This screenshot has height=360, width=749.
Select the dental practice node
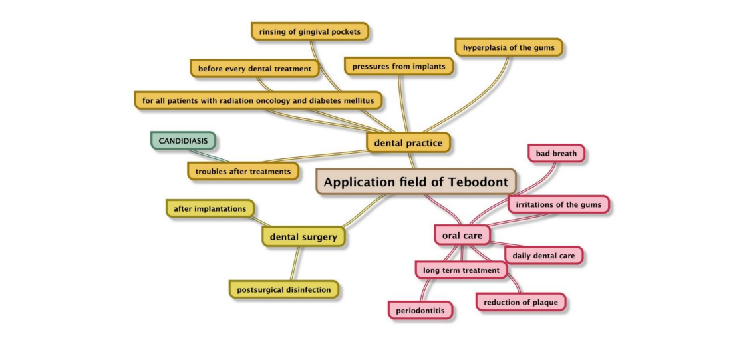[408, 142]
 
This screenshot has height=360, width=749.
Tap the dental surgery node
[303, 236]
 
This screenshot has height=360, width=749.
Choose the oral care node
[462, 235]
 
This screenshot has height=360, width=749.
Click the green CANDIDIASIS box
[183, 141]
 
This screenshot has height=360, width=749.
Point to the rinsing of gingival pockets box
[310, 31]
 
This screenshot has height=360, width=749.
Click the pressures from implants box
[399, 66]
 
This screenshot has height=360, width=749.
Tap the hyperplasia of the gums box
[509, 47]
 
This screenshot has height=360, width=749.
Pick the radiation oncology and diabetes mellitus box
[258, 100]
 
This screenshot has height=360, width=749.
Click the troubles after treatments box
[243, 171]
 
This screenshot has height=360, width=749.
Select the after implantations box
[210, 209]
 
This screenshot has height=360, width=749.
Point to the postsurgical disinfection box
[283, 289]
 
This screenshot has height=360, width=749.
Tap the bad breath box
[556, 154]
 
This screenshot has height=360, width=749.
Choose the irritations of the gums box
[558, 204]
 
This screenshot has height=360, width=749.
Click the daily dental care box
[543, 255]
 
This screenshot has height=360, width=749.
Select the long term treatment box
[460, 270]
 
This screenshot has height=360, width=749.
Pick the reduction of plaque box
[521, 302]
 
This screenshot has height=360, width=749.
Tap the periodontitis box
[421, 310]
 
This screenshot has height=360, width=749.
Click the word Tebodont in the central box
[477, 182]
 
